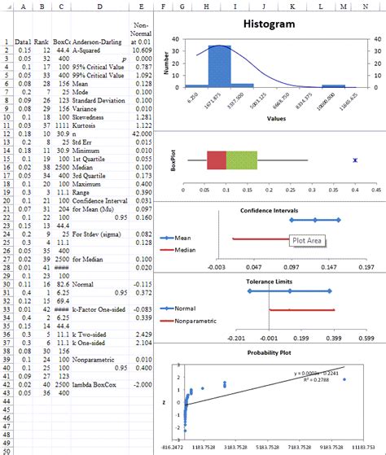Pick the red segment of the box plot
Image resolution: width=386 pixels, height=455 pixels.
click(x=217, y=160)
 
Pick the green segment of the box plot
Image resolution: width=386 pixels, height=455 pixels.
click(x=241, y=160)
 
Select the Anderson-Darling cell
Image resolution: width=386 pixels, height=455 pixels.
click(x=99, y=40)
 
